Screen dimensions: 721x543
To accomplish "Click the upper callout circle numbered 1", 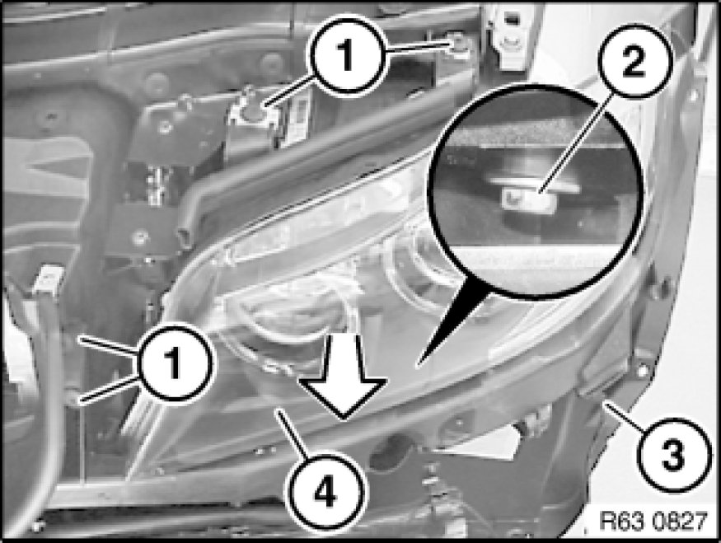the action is [x=347, y=56].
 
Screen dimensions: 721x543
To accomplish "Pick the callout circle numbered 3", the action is [x=672, y=455].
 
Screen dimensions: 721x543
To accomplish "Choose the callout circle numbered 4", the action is [x=325, y=493].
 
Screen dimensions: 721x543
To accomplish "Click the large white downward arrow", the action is [x=344, y=375].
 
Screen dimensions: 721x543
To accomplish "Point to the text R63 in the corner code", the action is [x=620, y=522].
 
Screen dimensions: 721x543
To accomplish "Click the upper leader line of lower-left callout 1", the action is [x=109, y=346].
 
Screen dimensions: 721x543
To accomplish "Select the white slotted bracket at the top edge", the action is [x=508, y=37].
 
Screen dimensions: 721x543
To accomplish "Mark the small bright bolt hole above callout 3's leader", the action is [x=643, y=369].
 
